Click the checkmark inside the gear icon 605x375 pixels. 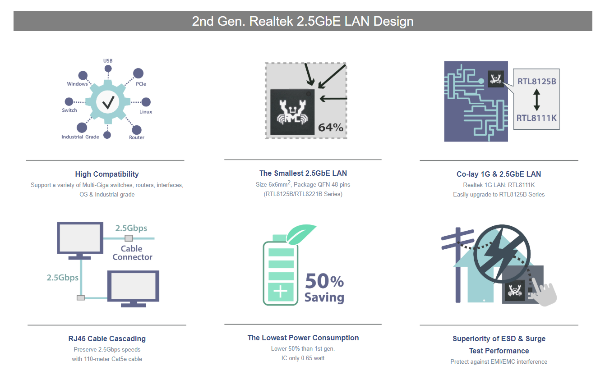(108, 102)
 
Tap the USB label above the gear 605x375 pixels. (108, 61)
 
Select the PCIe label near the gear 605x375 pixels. (141, 84)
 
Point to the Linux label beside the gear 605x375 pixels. (146, 112)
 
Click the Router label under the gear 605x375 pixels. (136, 137)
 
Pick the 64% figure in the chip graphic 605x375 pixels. (331, 128)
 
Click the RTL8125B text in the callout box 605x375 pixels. (537, 82)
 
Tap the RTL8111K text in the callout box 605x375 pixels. (536, 118)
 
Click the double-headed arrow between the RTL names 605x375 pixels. (537, 100)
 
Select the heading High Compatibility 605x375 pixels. (107, 174)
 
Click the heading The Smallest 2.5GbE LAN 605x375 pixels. (303, 173)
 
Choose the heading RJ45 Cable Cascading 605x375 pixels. (107, 338)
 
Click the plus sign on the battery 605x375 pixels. (280, 291)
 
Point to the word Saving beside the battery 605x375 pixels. (324, 297)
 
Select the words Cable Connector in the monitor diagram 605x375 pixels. (132, 253)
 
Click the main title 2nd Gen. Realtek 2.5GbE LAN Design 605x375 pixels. (303, 21)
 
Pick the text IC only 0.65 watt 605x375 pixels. (303, 358)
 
